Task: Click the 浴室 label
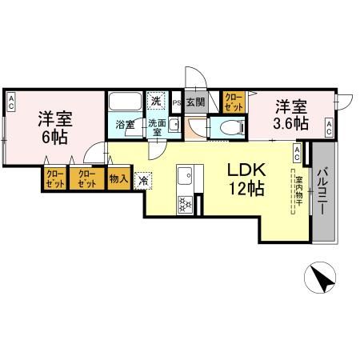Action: pyautogui.click(x=125, y=125)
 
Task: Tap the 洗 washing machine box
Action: pyautogui.click(x=157, y=100)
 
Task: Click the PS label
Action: pyautogui.click(x=177, y=102)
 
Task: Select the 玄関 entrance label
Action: pyautogui.click(x=194, y=102)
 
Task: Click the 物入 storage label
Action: pyautogui.click(x=118, y=178)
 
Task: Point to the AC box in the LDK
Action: pyautogui.click(x=297, y=149)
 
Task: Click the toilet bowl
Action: pyautogui.click(x=228, y=126)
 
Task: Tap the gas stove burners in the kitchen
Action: pyautogui.click(x=185, y=204)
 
